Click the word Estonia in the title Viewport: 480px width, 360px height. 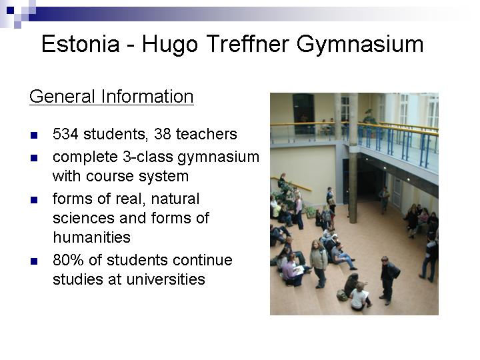point(80,44)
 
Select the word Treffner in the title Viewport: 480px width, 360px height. point(247,44)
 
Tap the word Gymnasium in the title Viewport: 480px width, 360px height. point(360,45)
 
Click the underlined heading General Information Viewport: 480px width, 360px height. point(111,97)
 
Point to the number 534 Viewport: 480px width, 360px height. point(65,134)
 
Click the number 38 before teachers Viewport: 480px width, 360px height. point(162,134)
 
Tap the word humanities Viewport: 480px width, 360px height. point(92,237)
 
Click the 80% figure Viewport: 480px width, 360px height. point(68,260)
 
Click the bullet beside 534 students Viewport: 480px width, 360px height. point(34,135)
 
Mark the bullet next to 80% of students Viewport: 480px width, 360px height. point(34,261)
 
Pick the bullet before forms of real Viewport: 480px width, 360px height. point(34,200)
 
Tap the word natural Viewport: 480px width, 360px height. point(175,199)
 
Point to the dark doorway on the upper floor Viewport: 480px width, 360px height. point(303,114)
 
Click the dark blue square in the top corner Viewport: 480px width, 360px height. point(11,11)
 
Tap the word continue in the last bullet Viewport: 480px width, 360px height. point(203,260)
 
